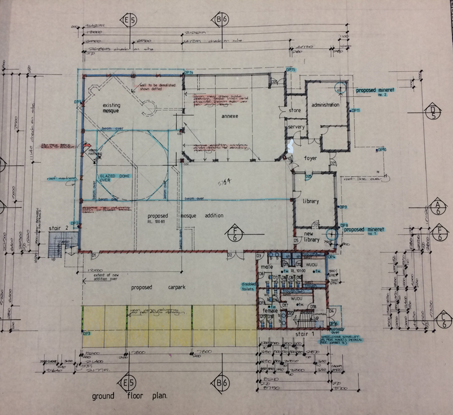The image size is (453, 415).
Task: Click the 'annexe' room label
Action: point(230,116)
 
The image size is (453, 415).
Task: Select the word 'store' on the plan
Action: point(294,111)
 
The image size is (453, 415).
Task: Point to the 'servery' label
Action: point(296,127)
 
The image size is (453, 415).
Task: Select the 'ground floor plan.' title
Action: point(130,396)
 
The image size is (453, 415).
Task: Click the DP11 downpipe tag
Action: point(355,111)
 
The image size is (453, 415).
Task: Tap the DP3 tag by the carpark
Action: point(87,334)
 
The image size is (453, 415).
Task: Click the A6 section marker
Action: point(437,207)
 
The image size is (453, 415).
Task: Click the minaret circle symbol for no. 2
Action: point(340,88)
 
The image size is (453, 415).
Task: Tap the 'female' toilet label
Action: point(267,311)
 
